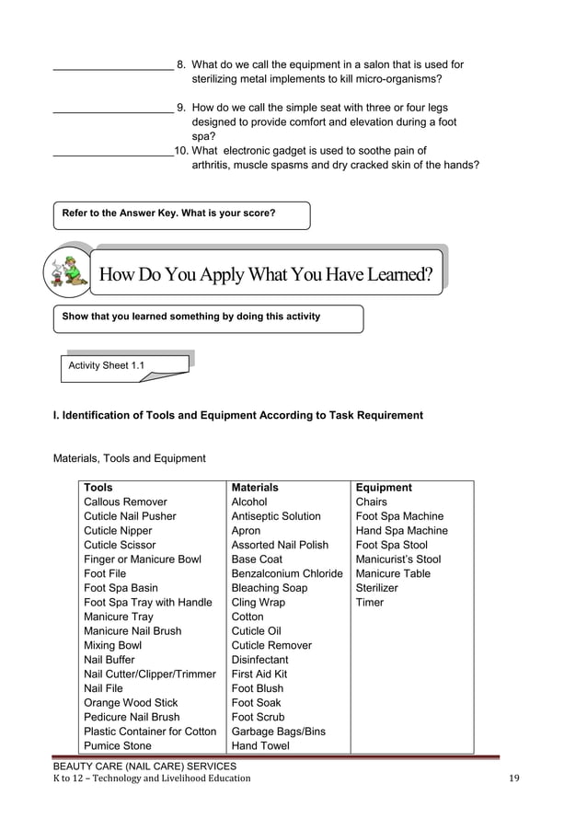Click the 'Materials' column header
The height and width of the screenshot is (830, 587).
(255, 488)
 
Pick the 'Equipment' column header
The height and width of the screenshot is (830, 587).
(384, 488)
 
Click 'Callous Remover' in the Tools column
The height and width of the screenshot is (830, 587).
(125, 502)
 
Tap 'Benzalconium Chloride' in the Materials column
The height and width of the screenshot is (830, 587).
(287, 574)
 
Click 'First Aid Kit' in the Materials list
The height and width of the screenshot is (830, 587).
(259, 674)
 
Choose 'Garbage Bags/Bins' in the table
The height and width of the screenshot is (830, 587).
(278, 732)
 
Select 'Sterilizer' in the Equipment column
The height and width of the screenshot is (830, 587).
(377, 588)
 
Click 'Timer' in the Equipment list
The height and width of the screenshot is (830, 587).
(370, 603)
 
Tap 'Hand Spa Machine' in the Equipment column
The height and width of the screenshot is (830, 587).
(402, 531)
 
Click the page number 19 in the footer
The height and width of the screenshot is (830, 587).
(514, 778)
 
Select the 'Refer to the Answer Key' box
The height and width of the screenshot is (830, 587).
(181, 214)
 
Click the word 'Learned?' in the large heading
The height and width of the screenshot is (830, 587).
(386, 274)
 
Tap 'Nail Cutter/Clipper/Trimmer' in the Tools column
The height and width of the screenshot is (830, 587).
(149, 674)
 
